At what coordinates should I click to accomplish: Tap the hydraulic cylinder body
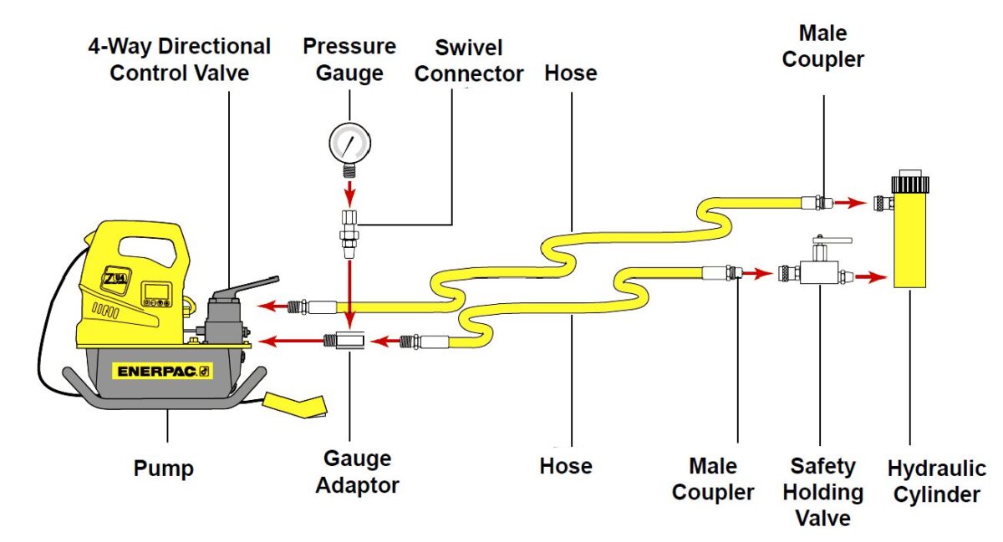(911, 242)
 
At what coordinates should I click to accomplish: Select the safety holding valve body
(818, 272)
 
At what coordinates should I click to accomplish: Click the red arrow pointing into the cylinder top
(851, 202)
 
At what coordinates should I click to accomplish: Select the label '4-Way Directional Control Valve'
(180, 58)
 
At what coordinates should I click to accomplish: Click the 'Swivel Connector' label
(469, 60)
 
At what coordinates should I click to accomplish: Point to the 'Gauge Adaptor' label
(358, 471)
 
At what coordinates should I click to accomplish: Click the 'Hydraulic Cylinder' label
(936, 481)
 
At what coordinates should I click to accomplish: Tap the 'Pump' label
(164, 469)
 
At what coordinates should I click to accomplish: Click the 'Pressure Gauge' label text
(349, 58)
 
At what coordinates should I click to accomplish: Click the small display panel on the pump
(155, 291)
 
